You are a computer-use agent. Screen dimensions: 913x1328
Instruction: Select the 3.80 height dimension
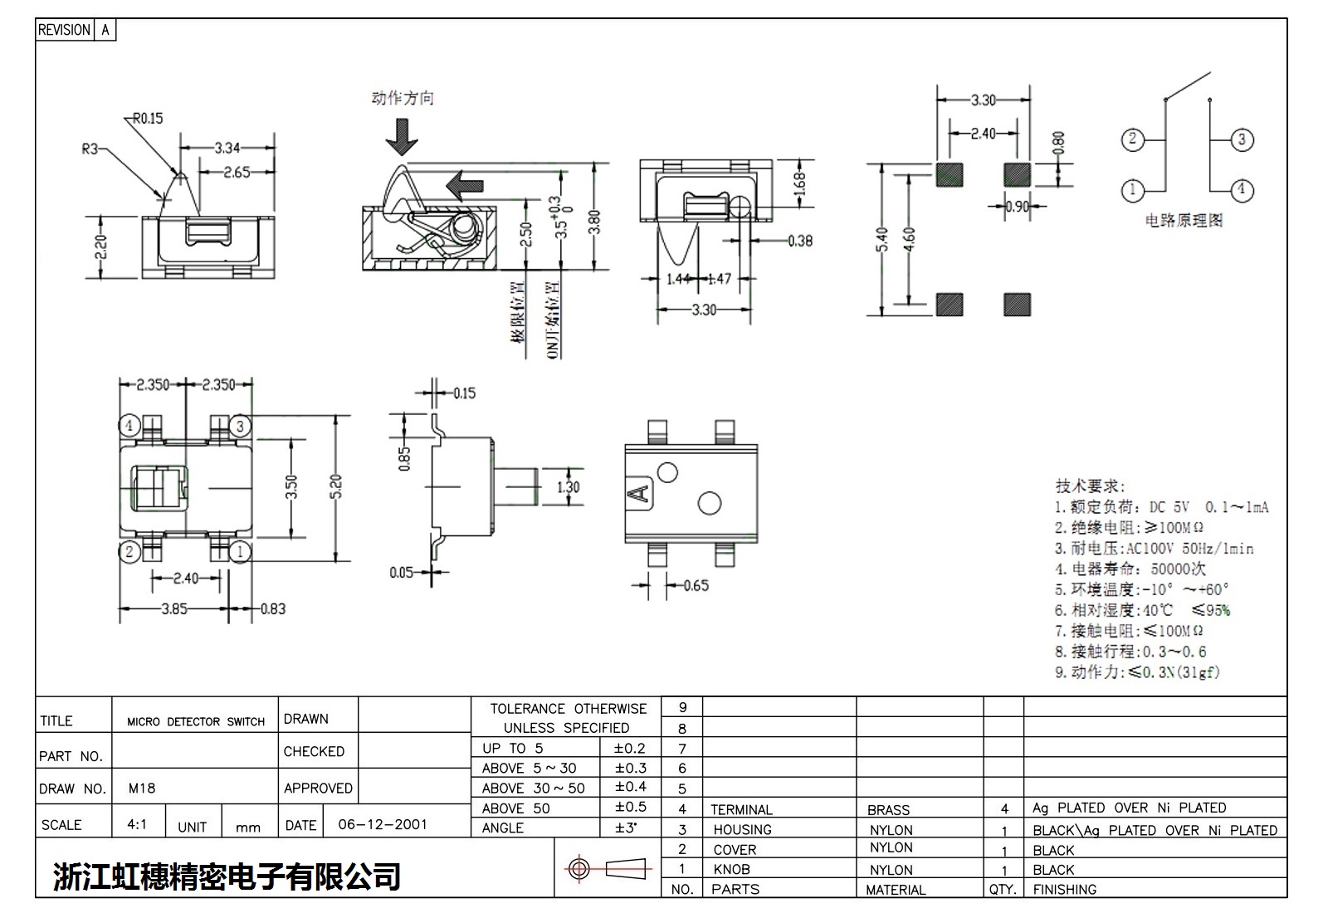coord(594,222)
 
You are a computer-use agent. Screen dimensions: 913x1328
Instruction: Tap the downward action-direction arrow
coord(403,137)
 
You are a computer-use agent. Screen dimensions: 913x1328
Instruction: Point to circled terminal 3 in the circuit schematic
coord(1241,139)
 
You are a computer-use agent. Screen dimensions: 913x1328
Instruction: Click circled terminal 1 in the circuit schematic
coord(1133,190)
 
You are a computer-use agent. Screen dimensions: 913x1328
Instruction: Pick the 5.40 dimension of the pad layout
coord(882,241)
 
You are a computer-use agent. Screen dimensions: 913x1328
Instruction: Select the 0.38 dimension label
coord(800,241)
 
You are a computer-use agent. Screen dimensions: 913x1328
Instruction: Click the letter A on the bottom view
coord(638,494)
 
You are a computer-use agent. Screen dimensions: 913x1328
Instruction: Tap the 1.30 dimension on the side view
coord(568,487)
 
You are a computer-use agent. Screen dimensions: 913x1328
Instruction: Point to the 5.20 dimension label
coord(335,487)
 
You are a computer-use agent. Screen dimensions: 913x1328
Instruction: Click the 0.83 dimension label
coord(273,609)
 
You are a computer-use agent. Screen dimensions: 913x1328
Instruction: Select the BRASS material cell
coord(888,809)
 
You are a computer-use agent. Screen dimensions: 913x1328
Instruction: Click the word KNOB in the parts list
coord(731,869)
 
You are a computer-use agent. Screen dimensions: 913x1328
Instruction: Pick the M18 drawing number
coord(142,788)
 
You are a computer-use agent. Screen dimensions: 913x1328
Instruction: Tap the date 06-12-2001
coord(383,824)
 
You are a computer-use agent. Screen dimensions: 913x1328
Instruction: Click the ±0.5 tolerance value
coord(630,807)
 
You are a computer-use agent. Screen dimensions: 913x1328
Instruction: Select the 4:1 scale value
coord(137,824)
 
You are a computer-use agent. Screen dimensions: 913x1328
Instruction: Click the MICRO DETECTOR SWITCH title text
coord(196,721)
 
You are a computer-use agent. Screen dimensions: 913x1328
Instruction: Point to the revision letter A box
coord(105,30)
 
